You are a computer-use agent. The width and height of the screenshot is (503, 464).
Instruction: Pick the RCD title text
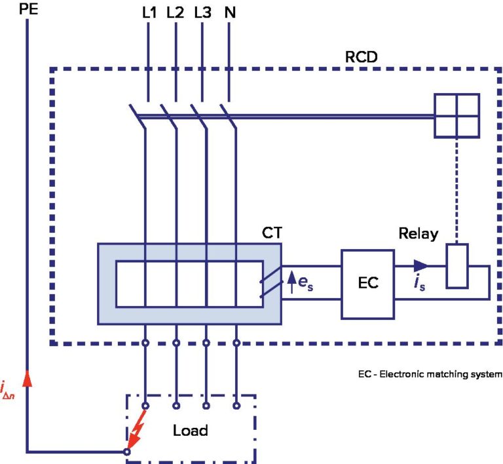click(363, 56)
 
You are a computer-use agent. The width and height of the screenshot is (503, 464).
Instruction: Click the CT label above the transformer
click(272, 233)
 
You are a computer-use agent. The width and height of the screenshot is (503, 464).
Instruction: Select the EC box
click(368, 284)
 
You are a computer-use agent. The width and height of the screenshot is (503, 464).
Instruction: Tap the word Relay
click(418, 234)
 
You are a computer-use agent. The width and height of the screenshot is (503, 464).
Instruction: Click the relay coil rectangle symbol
click(457, 266)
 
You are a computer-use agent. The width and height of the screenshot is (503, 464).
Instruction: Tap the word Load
click(190, 431)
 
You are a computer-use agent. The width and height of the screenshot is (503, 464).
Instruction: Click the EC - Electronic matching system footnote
click(430, 375)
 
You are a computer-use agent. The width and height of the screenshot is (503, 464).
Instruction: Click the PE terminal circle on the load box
click(127, 452)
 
